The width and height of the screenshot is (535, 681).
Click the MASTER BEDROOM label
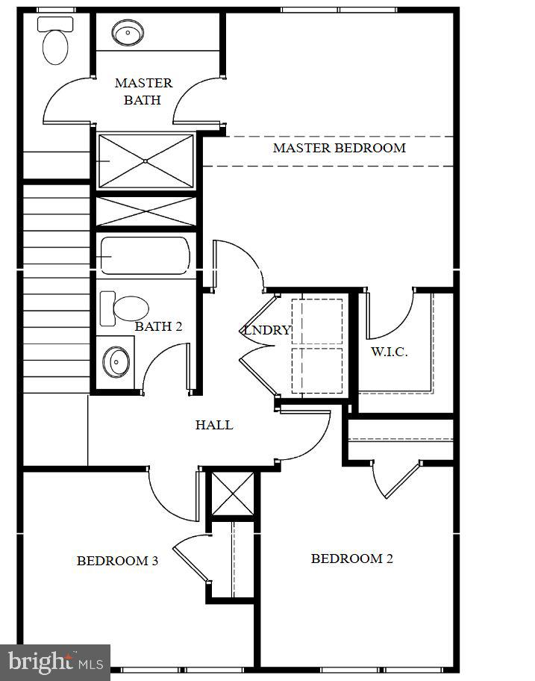339,148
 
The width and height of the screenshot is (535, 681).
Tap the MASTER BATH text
143,91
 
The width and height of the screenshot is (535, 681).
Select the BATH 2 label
158,326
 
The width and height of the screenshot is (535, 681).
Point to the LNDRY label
266,330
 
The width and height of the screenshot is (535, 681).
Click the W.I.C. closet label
389,352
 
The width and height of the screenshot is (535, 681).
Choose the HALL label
214,425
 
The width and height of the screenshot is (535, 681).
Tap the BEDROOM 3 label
117,561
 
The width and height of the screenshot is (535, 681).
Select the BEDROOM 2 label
351,559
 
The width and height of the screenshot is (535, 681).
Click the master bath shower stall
146,161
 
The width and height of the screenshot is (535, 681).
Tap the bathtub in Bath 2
145,255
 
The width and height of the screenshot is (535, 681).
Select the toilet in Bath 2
125,308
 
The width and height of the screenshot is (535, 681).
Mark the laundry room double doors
257,343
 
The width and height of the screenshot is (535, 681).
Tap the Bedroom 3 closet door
191,556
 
